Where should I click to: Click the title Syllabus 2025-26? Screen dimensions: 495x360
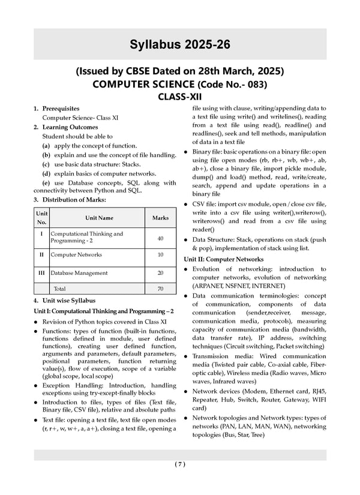[x=180, y=44]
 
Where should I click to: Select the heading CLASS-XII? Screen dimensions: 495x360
[x=180, y=95]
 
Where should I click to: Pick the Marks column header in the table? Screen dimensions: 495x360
[x=160, y=218]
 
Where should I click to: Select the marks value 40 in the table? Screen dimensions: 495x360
[x=160, y=239]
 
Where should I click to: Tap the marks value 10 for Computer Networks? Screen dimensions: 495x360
[x=160, y=255]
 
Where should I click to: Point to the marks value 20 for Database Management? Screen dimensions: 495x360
[x=160, y=273]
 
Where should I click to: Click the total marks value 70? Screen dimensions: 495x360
[x=160, y=289]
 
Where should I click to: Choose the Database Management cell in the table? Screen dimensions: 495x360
[x=79, y=273]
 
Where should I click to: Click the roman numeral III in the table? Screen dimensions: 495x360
[x=41, y=272]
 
